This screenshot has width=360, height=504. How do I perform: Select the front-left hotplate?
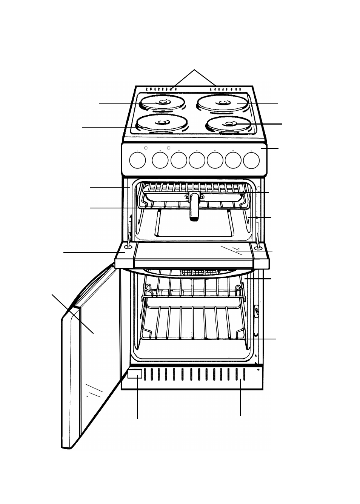[162, 122]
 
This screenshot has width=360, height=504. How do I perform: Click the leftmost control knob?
[137, 160]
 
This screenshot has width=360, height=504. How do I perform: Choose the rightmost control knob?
[251, 160]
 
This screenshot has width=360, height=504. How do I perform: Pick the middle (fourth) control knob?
[197, 160]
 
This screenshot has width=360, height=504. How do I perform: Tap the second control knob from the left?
[160, 160]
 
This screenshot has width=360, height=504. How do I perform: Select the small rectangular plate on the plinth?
[135, 375]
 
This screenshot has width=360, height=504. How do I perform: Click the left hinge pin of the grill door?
[127, 247]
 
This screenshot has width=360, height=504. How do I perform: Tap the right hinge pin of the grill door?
[258, 248]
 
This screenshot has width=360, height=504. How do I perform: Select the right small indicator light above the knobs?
[169, 148]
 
